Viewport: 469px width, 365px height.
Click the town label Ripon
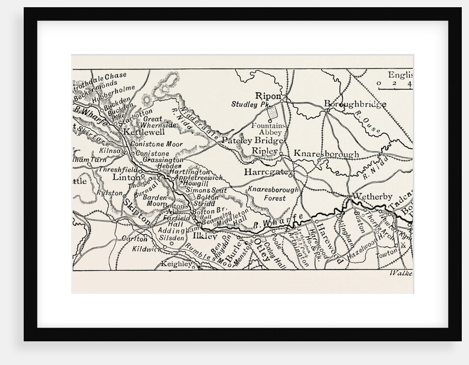click(269, 95)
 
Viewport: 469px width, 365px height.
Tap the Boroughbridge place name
click(354, 104)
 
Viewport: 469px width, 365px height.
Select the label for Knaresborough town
click(326, 154)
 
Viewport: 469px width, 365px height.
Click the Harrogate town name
click(267, 172)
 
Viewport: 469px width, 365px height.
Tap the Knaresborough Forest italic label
click(273, 194)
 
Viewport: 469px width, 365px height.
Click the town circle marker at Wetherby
click(350, 196)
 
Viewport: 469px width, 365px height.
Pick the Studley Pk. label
click(249, 104)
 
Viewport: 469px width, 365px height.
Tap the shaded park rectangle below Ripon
click(272, 112)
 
